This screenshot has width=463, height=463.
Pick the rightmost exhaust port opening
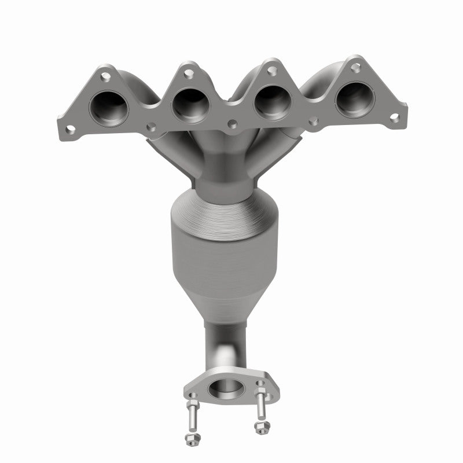tap(354, 99)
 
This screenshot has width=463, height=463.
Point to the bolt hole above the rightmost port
tap(355, 68)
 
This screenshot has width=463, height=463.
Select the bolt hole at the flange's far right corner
tap(394, 117)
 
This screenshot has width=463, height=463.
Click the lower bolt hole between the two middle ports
tap(233, 123)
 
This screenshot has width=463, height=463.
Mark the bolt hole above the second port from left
tap(188, 73)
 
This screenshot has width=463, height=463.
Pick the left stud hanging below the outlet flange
tap(192, 414)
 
